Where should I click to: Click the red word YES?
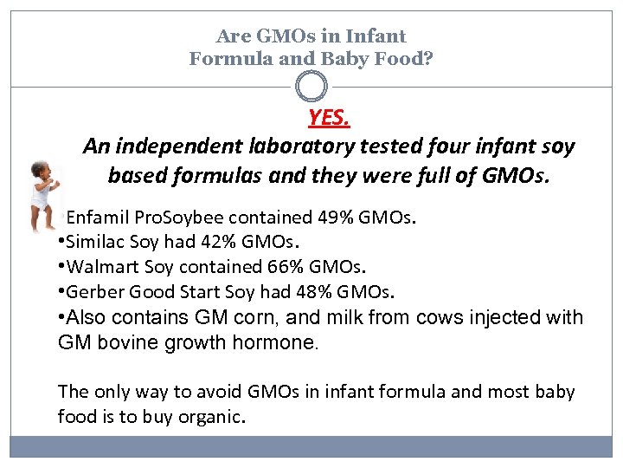[x=327, y=117]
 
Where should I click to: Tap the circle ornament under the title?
[x=311, y=87]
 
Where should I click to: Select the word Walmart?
[x=103, y=267]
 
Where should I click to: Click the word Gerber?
[x=95, y=291]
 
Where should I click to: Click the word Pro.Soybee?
[x=180, y=217]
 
